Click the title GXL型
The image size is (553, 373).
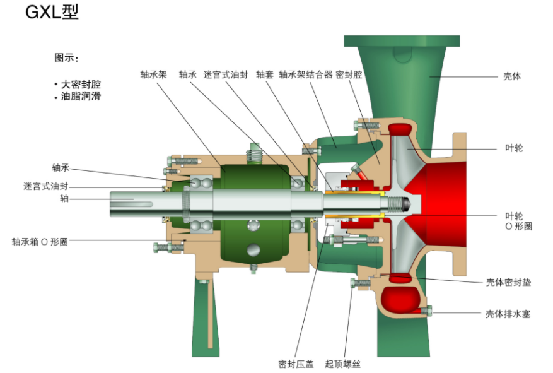coord(52,12)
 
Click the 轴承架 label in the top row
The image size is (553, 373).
coord(153,74)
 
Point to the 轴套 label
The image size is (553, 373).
coord(264,74)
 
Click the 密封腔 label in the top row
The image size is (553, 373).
coord(349,74)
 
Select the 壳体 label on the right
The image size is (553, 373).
coord(512,76)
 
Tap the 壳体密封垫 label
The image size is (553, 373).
coord(508,282)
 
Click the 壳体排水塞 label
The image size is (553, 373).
coord(508,313)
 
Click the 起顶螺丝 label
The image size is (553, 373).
coord(342,364)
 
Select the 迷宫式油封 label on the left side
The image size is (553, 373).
coord(45,186)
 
